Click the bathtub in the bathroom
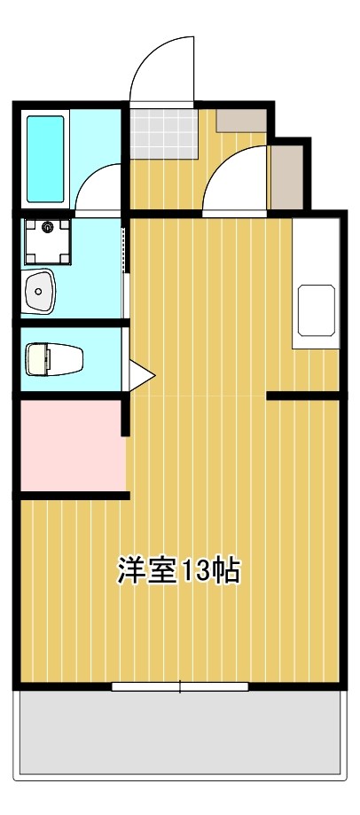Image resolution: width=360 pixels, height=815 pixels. (46, 159)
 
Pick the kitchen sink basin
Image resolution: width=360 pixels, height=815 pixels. (317, 310)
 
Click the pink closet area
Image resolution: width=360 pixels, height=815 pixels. (71, 444)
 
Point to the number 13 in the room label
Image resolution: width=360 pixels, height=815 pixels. (197, 571)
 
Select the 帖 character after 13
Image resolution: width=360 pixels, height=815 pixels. (226, 571)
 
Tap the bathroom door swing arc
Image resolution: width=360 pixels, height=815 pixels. (99, 188)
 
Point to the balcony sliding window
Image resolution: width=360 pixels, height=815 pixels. (180, 686)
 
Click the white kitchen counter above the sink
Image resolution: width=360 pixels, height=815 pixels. (317, 248)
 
